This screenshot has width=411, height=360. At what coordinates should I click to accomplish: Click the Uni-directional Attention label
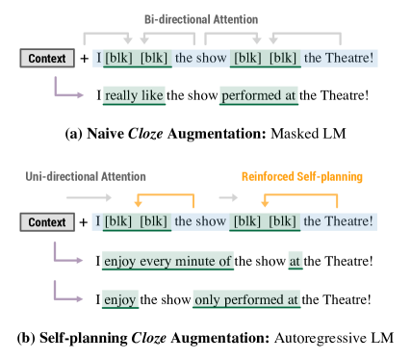click(87, 177)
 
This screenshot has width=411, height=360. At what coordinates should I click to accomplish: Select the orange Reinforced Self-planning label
click(301, 177)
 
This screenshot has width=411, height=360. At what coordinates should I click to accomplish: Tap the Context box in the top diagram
click(47, 59)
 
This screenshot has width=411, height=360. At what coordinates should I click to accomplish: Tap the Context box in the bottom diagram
click(47, 222)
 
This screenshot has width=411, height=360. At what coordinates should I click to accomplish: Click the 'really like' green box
click(134, 96)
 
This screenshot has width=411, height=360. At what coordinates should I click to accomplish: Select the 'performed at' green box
click(259, 96)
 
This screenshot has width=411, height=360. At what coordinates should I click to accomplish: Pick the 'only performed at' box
click(246, 299)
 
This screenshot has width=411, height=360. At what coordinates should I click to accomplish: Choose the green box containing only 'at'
click(295, 260)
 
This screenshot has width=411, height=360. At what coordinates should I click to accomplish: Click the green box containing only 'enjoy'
click(121, 299)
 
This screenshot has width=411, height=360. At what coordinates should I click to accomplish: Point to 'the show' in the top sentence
click(199, 59)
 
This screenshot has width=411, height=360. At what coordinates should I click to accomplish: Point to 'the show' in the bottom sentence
click(199, 222)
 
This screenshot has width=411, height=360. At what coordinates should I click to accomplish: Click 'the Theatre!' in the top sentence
click(339, 59)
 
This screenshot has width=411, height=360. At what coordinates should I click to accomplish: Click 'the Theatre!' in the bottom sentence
click(339, 222)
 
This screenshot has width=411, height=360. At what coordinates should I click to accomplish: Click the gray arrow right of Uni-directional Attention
click(90, 197)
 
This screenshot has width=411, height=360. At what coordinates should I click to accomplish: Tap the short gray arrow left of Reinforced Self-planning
click(228, 197)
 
